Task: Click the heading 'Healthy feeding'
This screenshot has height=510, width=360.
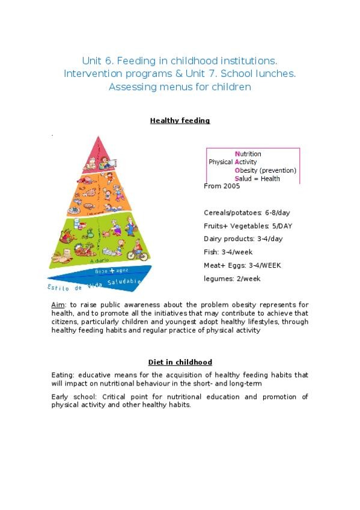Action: (x=180, y=120)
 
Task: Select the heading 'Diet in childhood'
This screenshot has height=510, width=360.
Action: (x=180, y=362)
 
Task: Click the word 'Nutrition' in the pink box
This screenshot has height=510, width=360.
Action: (x=248, y=154)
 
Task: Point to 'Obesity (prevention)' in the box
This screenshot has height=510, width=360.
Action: (x=265, y=170)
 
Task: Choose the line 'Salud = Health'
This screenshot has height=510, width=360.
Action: (x=257, y=179)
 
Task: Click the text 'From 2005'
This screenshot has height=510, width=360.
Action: (x=222, y=186)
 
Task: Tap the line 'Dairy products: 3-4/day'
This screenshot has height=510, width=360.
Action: (x=243, y=239)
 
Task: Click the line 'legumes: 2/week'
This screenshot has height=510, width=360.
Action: (x=232, y=278)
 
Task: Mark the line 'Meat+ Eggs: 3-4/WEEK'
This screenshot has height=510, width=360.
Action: (x=242, y=265)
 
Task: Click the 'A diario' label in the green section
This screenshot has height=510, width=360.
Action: (x=99, y=261)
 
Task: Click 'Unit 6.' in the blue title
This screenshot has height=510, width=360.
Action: (x=98, y=61)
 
